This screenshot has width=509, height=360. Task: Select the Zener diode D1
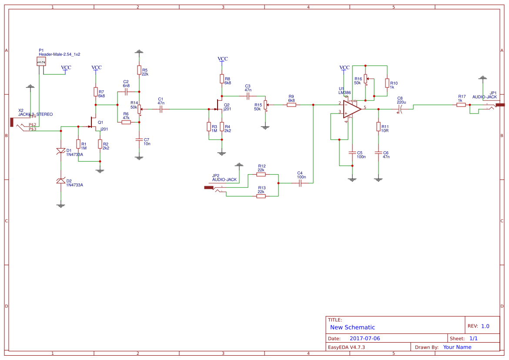coord(61,151)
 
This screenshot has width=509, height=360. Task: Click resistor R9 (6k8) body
coord(291,105)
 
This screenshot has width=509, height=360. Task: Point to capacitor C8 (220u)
coord(400,109)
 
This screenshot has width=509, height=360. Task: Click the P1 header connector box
coord(41,62)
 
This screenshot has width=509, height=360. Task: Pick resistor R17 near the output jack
coord(461,105)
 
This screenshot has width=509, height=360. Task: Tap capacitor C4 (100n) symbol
coord(300,183)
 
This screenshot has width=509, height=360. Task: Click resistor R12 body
coord(261,174)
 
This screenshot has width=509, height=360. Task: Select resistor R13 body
coord(261,196)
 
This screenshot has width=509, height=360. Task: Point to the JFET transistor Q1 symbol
coord(94,123)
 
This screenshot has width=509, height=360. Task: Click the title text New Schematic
coord(352,327)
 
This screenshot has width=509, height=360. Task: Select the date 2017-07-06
coord(365,338)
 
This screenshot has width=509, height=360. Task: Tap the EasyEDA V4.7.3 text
coord(346,347)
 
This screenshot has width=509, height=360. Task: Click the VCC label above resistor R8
coord(222,59)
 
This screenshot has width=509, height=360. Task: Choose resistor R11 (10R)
coord(378,127)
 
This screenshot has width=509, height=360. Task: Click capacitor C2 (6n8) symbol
coord(126,92)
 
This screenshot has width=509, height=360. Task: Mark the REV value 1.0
coord(485,326)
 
